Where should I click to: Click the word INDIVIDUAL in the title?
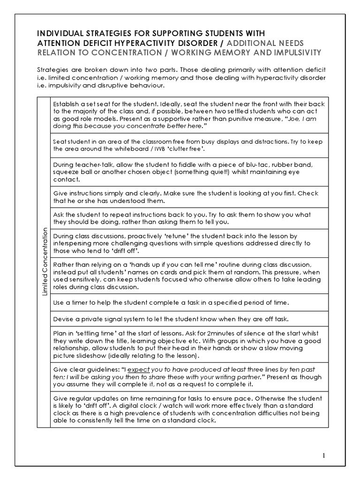57,33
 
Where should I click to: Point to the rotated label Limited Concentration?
45,261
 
